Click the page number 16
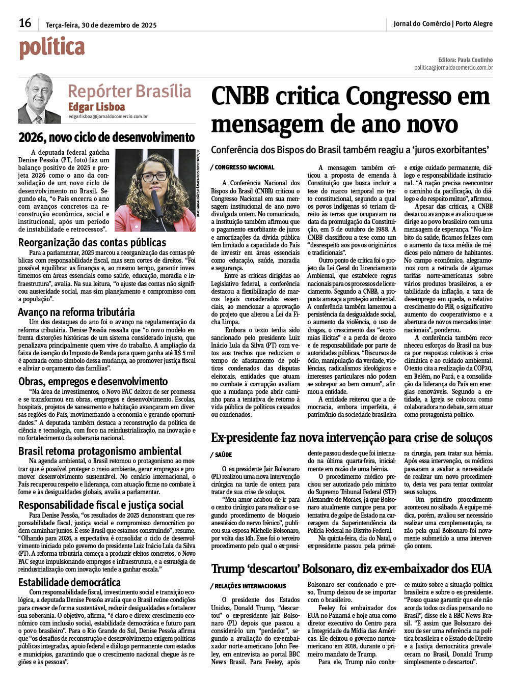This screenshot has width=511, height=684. point(25,23)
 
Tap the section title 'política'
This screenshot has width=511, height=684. point(52,47)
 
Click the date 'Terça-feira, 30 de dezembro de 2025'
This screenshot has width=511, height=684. point(101,25)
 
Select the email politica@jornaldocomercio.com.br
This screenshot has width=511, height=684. point(453,68)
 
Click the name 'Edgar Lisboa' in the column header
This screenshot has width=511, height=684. point(96,107)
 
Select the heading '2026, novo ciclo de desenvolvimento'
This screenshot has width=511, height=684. point(106,137)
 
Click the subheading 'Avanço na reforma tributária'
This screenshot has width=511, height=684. point(76,312)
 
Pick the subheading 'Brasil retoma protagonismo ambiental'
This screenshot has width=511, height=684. point(100,451)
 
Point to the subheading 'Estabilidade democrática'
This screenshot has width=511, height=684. point(69,582)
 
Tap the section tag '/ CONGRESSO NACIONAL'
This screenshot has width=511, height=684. point(243,167)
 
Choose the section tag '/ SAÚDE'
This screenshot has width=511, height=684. point(221,455)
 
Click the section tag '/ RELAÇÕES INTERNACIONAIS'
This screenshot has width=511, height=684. point(249,586)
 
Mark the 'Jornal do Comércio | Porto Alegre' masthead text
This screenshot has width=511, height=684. point(443,24)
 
